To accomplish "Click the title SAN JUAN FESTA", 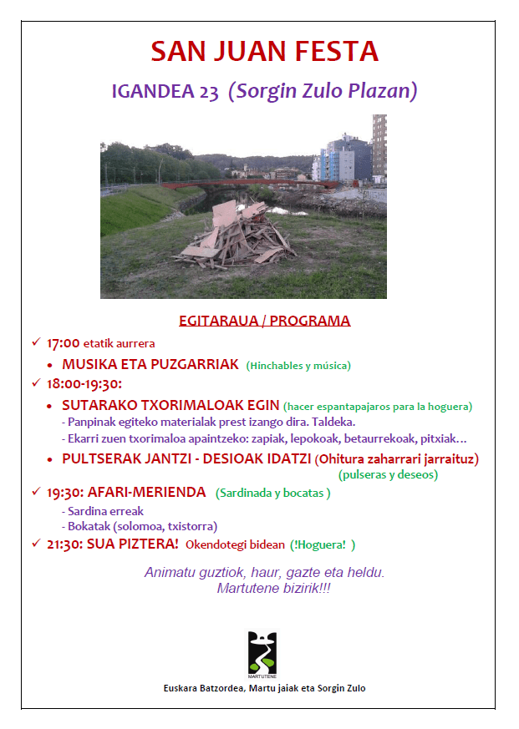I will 264,52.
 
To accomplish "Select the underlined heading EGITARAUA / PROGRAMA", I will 264,321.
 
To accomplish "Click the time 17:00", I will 63,343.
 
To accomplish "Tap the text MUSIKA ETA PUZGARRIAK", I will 150,364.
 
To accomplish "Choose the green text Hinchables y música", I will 298,365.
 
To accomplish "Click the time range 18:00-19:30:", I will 85,384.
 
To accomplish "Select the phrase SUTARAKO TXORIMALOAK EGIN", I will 170,405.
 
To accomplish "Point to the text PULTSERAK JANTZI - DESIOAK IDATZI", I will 186,459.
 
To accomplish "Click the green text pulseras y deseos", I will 388,474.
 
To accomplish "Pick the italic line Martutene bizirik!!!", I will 264,589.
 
